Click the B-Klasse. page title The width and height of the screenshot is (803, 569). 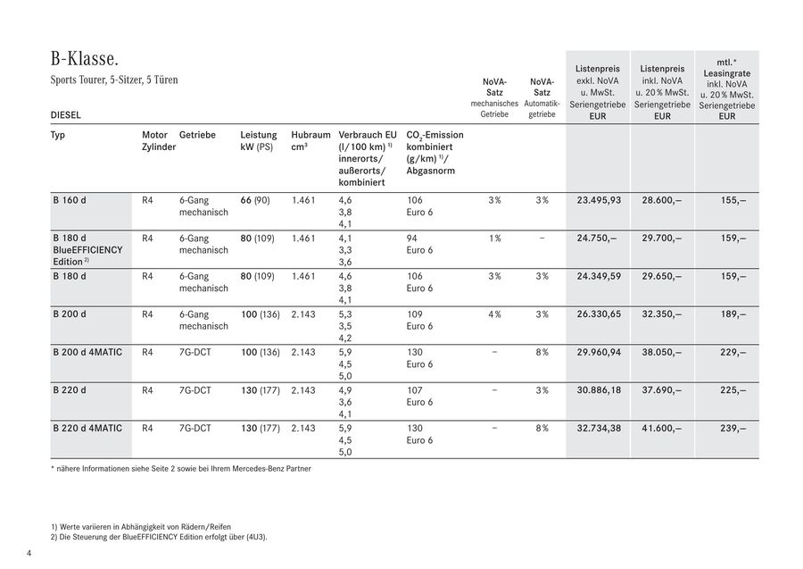pos(85,60)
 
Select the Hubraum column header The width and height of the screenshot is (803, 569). pos(310,140)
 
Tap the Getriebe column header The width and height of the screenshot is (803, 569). pos(197,135)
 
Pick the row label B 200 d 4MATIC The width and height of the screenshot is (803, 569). pos(87,353)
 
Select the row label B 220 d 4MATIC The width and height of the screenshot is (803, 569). pos(87,429)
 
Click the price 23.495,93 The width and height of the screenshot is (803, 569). pos(599,200)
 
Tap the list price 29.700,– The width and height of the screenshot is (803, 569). pos(661,238)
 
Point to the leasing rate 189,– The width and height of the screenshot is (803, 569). pos(733,314)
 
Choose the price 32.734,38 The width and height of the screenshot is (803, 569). pos(599,429)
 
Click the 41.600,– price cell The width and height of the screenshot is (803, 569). pos(661,429)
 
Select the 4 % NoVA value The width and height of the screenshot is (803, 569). pos(494,314)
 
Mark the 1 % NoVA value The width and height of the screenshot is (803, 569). pos(494,238)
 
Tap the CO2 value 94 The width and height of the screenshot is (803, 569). pos(412,238)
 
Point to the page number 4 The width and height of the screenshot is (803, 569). pos(29,554)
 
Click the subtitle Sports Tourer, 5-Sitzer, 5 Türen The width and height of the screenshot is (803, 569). pos(114,80)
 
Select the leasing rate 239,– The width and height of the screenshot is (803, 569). pos(733,429)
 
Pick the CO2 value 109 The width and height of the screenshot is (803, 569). pos(414,314)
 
